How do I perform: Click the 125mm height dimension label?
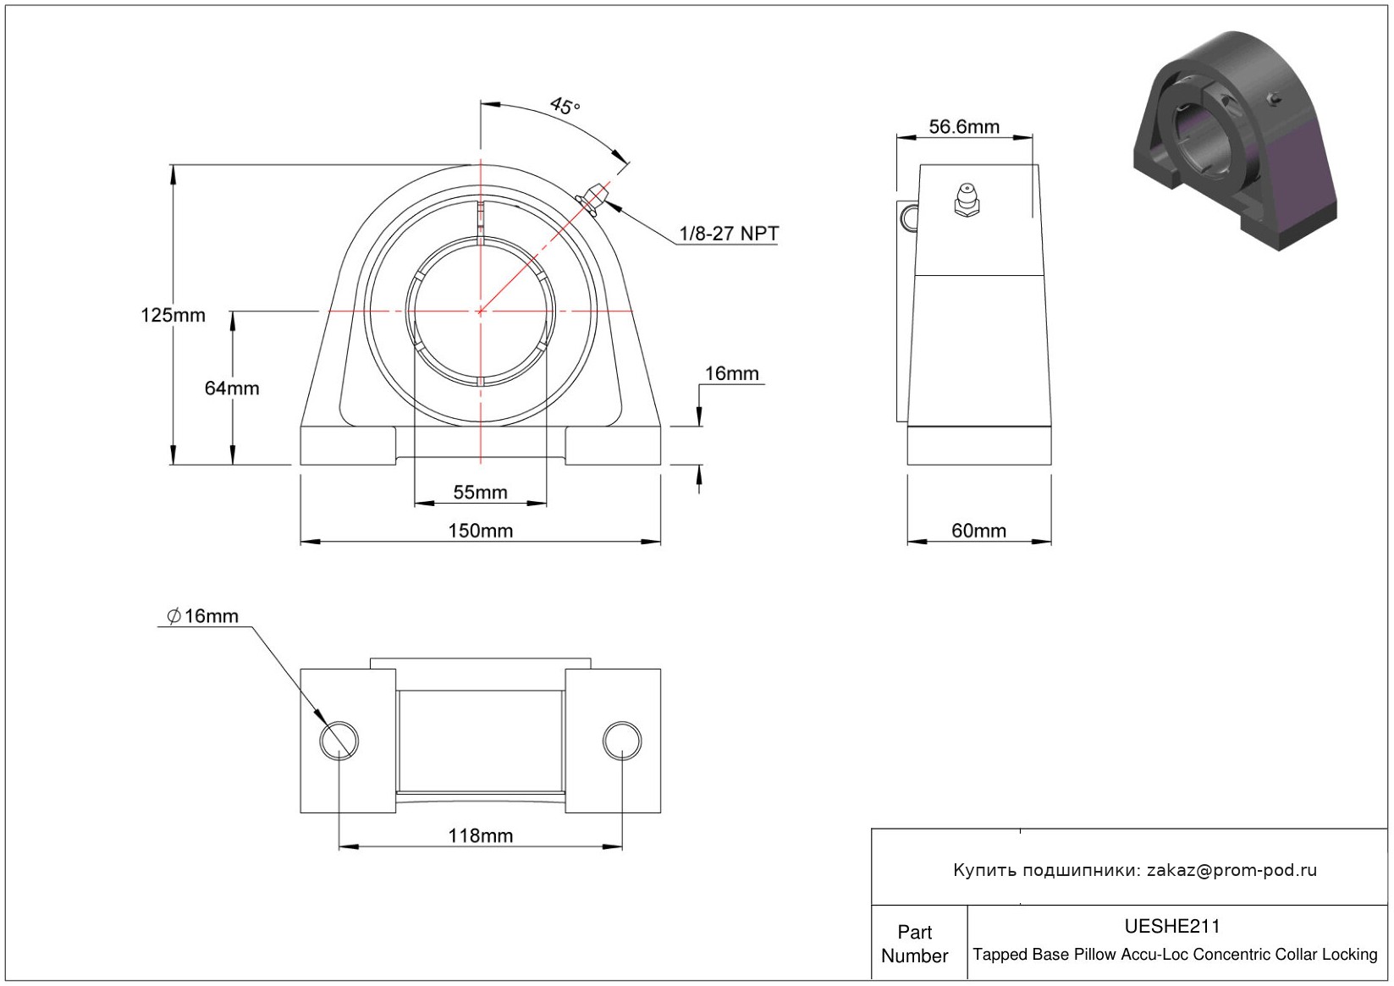173,315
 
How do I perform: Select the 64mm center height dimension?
232,388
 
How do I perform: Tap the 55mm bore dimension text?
480,493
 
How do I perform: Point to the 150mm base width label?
481,531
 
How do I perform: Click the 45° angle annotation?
565,106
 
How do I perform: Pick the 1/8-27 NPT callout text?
729,234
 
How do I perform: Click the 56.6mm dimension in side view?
964,127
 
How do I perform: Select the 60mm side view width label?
979,531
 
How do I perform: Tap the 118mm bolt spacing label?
481,836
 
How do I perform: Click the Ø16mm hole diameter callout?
203,616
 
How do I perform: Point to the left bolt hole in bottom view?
339,741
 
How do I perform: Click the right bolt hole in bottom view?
622,741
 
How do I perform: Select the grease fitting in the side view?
967,200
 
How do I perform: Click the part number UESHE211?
1172,926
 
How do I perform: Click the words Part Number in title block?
914,944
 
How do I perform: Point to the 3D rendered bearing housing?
1236,140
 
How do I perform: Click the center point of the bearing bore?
481,311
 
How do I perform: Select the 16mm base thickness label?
732,373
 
